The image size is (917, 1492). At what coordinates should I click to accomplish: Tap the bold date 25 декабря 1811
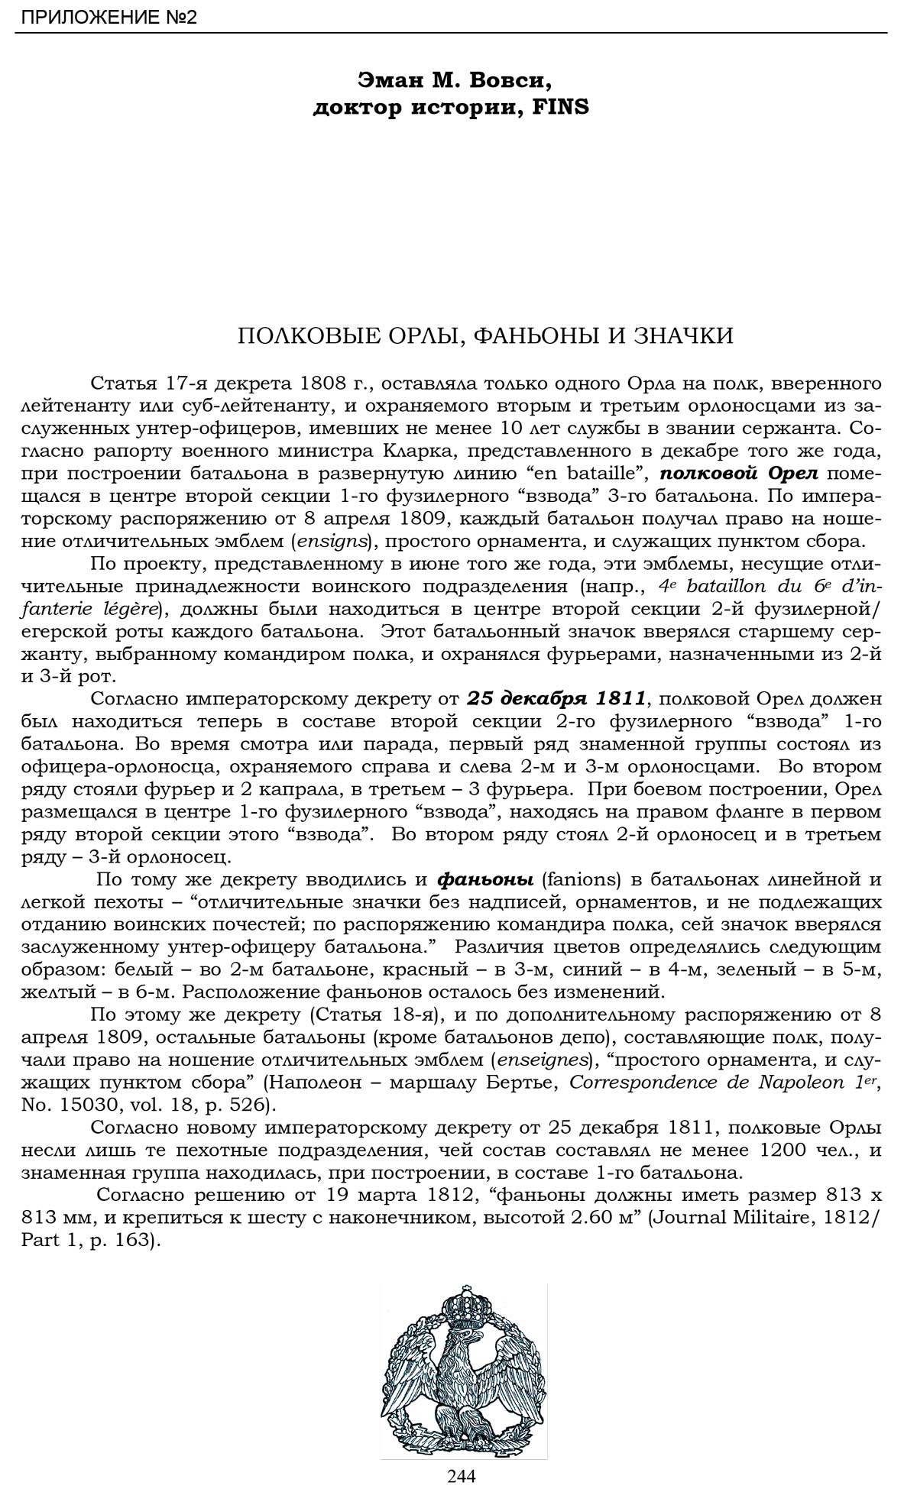557,698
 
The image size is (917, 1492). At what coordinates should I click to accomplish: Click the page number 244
462,1476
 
